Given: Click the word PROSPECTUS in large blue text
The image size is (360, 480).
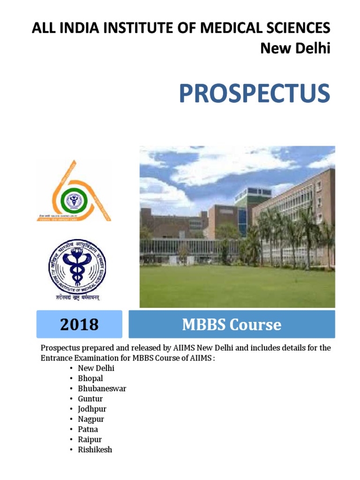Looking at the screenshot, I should click(254, 94).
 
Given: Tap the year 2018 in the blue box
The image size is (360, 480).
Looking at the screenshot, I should click(79, 324).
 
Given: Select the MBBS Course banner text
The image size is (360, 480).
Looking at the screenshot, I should click(232, 324).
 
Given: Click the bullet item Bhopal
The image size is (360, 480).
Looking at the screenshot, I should click(90, 378).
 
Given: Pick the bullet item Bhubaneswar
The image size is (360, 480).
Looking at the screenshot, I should click(102, 389).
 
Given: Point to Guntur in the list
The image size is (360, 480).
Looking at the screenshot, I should click(90, 399).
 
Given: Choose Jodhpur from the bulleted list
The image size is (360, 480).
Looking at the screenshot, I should click(92, 409).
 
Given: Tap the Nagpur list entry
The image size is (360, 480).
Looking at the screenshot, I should click(91, 419).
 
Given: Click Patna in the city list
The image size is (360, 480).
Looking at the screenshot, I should click(88, 429).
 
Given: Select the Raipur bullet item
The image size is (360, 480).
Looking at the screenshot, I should click(90, 440).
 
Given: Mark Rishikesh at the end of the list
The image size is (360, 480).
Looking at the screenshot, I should click(95, 450).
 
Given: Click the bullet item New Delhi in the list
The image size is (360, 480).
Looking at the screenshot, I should click(96, 368).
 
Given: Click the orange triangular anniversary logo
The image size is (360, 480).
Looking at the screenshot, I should click(74, 192).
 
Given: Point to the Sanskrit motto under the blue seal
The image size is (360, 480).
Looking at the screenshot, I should click(78, 298).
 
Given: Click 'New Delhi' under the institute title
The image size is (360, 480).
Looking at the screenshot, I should click(295, 48).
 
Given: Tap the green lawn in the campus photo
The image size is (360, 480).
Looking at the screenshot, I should click(237, 286).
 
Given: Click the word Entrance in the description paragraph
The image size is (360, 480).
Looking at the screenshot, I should click(56, 358).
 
